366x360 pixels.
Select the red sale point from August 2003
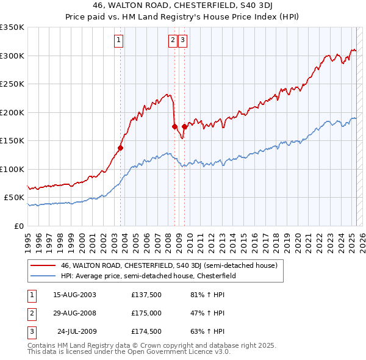click(121, 147)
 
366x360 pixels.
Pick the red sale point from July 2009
click(184, 126)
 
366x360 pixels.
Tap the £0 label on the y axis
click(18, 226)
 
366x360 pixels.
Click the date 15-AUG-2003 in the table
click(74, 295)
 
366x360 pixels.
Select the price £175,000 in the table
click(146, 313)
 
